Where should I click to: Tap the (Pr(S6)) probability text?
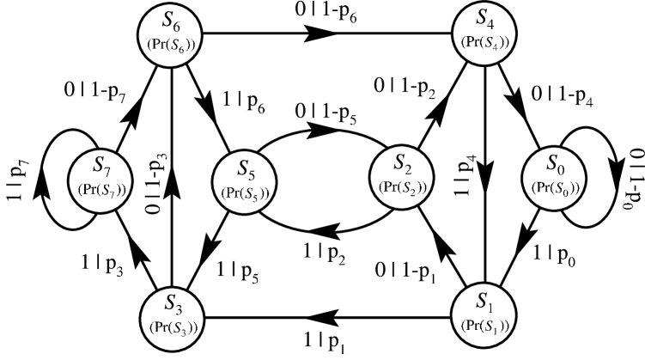[x=176, y=44]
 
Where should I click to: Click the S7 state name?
[x=102, y=166]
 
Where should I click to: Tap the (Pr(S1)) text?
[x=484, y=325]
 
